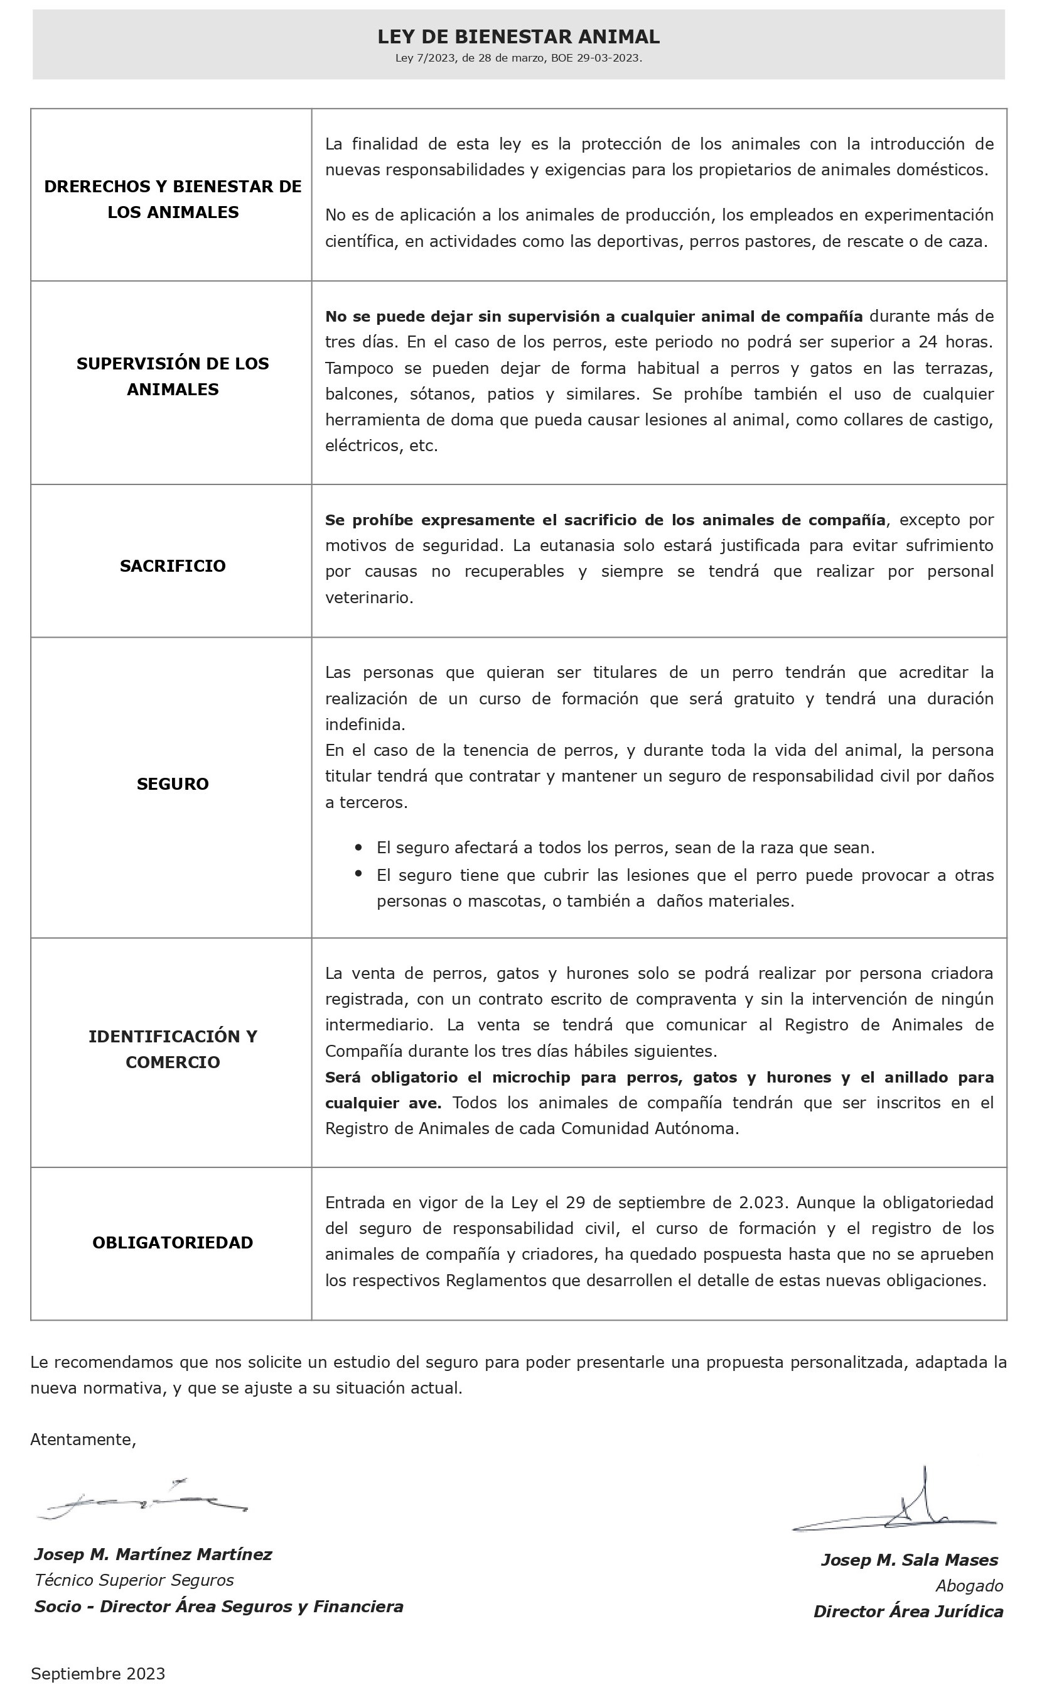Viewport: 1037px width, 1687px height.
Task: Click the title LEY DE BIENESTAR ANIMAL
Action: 518,36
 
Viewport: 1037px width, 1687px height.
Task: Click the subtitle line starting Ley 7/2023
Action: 518,58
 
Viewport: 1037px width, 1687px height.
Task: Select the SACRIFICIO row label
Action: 172,565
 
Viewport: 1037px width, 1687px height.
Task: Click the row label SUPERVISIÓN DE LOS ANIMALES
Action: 172,376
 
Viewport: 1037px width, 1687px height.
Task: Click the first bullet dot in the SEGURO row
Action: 358,848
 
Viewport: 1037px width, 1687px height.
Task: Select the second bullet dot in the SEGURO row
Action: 358,874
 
